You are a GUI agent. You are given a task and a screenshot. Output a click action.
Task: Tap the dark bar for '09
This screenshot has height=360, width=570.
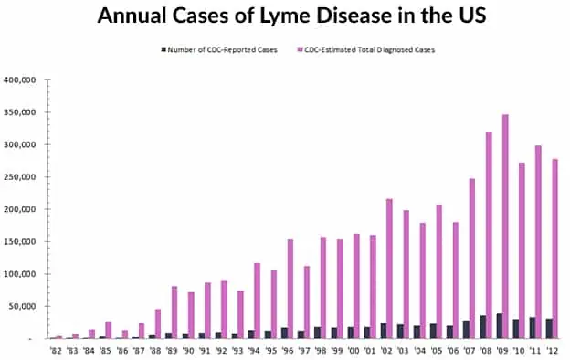click(x=498, y=326)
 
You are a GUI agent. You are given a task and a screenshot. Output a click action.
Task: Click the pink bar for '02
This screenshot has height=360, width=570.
click(x=388, y=269)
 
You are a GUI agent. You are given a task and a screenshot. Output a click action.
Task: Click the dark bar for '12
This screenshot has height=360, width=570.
click(x=547, y=329)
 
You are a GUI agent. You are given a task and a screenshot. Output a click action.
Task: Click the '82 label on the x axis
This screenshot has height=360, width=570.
click(x=57, y=348)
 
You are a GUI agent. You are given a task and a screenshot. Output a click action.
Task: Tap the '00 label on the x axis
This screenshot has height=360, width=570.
click(x=353, y=348)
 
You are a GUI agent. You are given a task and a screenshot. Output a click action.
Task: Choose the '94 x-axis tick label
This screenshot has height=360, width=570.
click(x=254, y=348)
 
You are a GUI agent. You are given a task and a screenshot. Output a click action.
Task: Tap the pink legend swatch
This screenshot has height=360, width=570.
click(x=299, y=48)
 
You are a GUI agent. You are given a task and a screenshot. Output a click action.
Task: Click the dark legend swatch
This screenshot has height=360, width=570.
click(x=163, y=48)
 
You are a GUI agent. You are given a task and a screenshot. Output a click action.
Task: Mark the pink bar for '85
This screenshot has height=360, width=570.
click(x=108, y=330)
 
